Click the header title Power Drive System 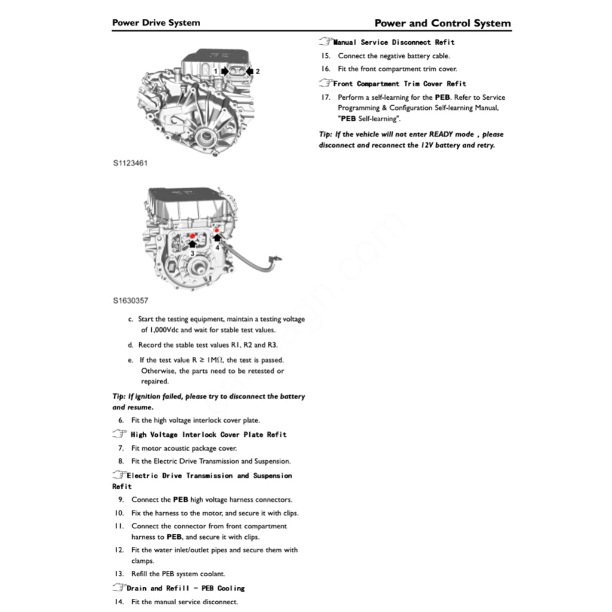156,23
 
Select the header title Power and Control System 442,23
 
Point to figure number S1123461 130,163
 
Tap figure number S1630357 130,301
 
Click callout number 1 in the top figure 215,71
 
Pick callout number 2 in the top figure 258,71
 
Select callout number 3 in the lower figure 192,253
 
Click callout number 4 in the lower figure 218,246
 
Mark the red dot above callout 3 192,237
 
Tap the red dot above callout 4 216,230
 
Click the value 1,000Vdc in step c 161,330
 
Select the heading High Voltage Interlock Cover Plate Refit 208,434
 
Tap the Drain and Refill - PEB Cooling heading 185,588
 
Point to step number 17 326,97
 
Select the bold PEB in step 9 180,500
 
